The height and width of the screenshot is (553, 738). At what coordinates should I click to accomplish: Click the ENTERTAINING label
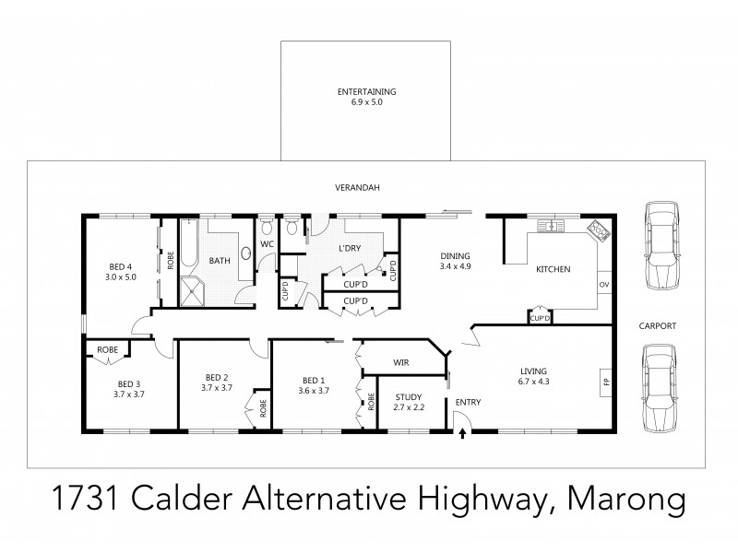[x=366, y=91]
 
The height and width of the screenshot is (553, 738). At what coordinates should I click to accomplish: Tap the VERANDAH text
[x=358, y=188]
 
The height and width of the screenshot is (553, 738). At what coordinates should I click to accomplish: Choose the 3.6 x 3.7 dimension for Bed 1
[x=314, y=390]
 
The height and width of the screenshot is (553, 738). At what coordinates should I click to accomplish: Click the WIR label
[x=402, y=363]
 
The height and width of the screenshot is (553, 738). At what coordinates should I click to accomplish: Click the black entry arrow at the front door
[x=462, y=427]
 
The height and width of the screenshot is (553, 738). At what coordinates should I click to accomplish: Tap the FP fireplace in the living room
[x=606, y=382]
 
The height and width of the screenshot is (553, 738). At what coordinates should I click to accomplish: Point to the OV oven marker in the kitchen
[x=604, y=285]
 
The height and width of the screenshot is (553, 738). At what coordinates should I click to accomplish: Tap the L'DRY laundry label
[x=349, y=249]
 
